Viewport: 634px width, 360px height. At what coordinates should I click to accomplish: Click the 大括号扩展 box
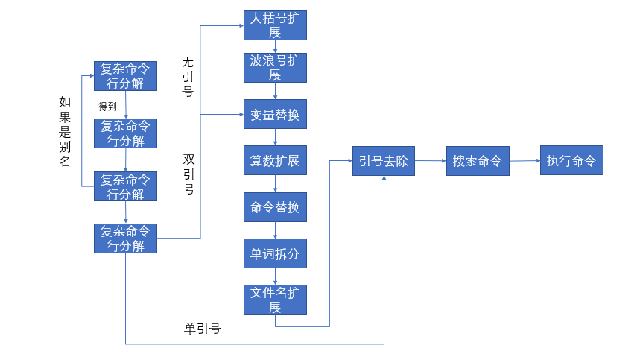[276, 25]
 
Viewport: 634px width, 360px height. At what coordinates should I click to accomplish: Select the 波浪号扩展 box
[276, 68]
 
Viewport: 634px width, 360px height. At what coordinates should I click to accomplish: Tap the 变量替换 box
[276, 114]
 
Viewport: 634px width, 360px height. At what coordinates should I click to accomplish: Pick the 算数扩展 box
[276, 160]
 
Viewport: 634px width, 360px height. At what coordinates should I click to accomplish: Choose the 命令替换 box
[276, 207]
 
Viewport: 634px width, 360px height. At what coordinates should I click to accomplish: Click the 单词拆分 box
[276, 253]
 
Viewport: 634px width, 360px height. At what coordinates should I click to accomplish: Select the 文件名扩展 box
[276, 299]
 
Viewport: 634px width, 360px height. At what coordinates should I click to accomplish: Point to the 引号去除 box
[384, 161]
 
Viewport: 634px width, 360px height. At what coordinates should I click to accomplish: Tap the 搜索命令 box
[478, 161]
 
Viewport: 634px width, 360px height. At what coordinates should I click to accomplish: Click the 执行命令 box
[571, 161]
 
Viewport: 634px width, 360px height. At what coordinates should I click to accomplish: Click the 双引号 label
[188, 174]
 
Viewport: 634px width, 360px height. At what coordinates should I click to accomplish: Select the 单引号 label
[203, 329]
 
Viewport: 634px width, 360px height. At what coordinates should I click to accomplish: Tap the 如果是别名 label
[65, 131]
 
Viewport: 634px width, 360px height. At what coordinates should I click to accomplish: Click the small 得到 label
[107, 107]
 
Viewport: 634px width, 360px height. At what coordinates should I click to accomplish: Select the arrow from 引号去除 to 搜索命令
[431, 160]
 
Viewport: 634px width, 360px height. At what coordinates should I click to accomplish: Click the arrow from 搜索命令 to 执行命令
[524, 160]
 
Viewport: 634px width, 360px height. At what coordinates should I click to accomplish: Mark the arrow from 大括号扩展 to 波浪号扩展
[276, 47]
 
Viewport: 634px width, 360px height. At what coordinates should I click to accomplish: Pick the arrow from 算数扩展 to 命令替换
[276, 183]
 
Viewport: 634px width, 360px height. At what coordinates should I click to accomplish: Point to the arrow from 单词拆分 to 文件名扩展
[276, 277]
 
